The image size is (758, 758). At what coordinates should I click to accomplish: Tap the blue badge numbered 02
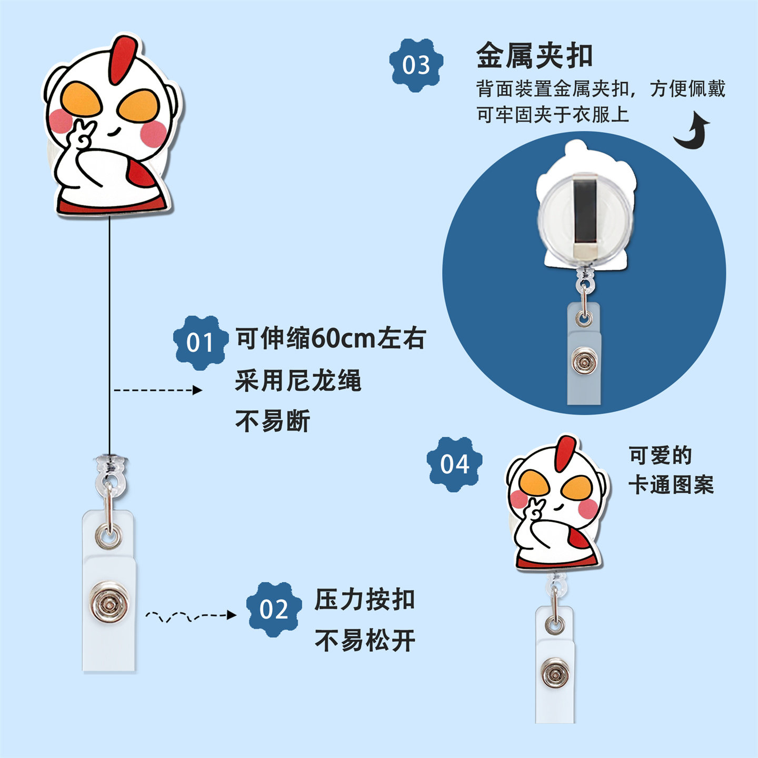(x=274, y=609)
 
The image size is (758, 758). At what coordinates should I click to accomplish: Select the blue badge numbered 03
(x=416, y=65)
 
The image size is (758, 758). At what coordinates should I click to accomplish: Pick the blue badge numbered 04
(x=454, y=464)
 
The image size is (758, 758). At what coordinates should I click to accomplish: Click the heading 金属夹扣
(x=534, y=55)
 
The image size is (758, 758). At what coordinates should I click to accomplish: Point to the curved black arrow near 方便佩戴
(x=692, y=131)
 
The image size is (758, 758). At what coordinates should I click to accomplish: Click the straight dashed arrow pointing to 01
(x=158, y=390)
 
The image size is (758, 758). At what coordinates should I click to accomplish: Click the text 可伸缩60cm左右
(x=330, y=338)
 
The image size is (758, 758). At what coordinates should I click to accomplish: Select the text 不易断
(x=272, y=421)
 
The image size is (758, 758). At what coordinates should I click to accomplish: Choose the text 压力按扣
(x=365, y=600)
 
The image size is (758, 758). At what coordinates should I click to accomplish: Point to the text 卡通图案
(x=671, y=485)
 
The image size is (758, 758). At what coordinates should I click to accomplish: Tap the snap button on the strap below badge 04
(x=554, y=674)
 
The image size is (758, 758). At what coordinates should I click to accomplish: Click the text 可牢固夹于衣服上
(x=553, y=114)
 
